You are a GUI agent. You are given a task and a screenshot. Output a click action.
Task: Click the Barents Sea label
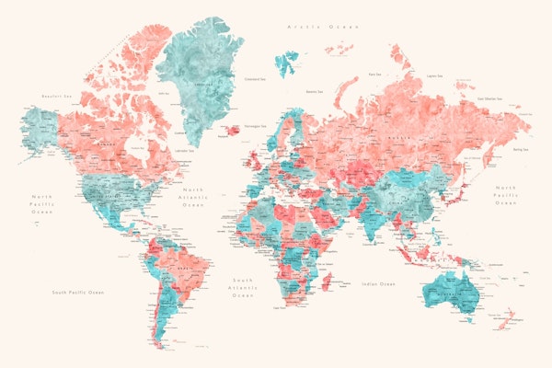[315, 91]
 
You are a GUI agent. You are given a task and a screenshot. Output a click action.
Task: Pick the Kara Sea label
[375, 74]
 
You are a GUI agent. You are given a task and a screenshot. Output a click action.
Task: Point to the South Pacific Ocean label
[78, 293]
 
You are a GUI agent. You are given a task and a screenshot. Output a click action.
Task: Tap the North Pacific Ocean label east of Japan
[506, 199]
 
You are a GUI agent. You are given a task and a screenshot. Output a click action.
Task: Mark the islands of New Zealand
[505, 322]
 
